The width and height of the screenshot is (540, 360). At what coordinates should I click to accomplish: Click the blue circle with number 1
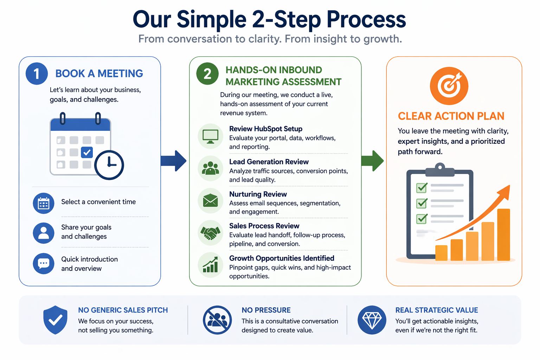[37, 74]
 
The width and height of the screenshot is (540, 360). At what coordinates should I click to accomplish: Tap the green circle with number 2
[207, 74]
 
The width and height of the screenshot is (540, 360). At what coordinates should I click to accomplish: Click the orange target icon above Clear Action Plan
[449, 86]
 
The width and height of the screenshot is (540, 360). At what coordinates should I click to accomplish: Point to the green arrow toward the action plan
[372, 161]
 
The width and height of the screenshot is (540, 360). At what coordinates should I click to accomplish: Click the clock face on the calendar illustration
[109, 165]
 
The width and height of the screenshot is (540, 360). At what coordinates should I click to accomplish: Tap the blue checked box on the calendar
[86, 152]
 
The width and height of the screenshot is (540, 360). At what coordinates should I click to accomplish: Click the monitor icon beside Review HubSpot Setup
[210, 136]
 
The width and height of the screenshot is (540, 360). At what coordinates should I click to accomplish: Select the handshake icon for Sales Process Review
[210, 233]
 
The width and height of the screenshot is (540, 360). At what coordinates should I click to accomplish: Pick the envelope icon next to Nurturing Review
[210, 201]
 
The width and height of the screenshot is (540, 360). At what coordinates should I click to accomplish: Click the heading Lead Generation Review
[269, 162]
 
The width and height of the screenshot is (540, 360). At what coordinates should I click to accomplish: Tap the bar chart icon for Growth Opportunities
[210, 265]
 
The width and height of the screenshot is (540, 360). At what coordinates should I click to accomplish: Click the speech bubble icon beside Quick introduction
[44, 263]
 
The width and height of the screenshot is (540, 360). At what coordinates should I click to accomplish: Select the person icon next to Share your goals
[44, 233]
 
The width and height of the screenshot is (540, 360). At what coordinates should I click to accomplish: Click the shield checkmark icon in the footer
[55, 320]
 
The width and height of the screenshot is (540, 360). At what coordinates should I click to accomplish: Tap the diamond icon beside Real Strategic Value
[372, 320]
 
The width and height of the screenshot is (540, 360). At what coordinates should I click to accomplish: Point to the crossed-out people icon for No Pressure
[217, 320]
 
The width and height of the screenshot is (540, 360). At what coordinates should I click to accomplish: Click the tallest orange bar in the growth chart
[503, 234]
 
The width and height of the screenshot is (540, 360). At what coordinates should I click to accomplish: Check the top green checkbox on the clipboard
[422, 188]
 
